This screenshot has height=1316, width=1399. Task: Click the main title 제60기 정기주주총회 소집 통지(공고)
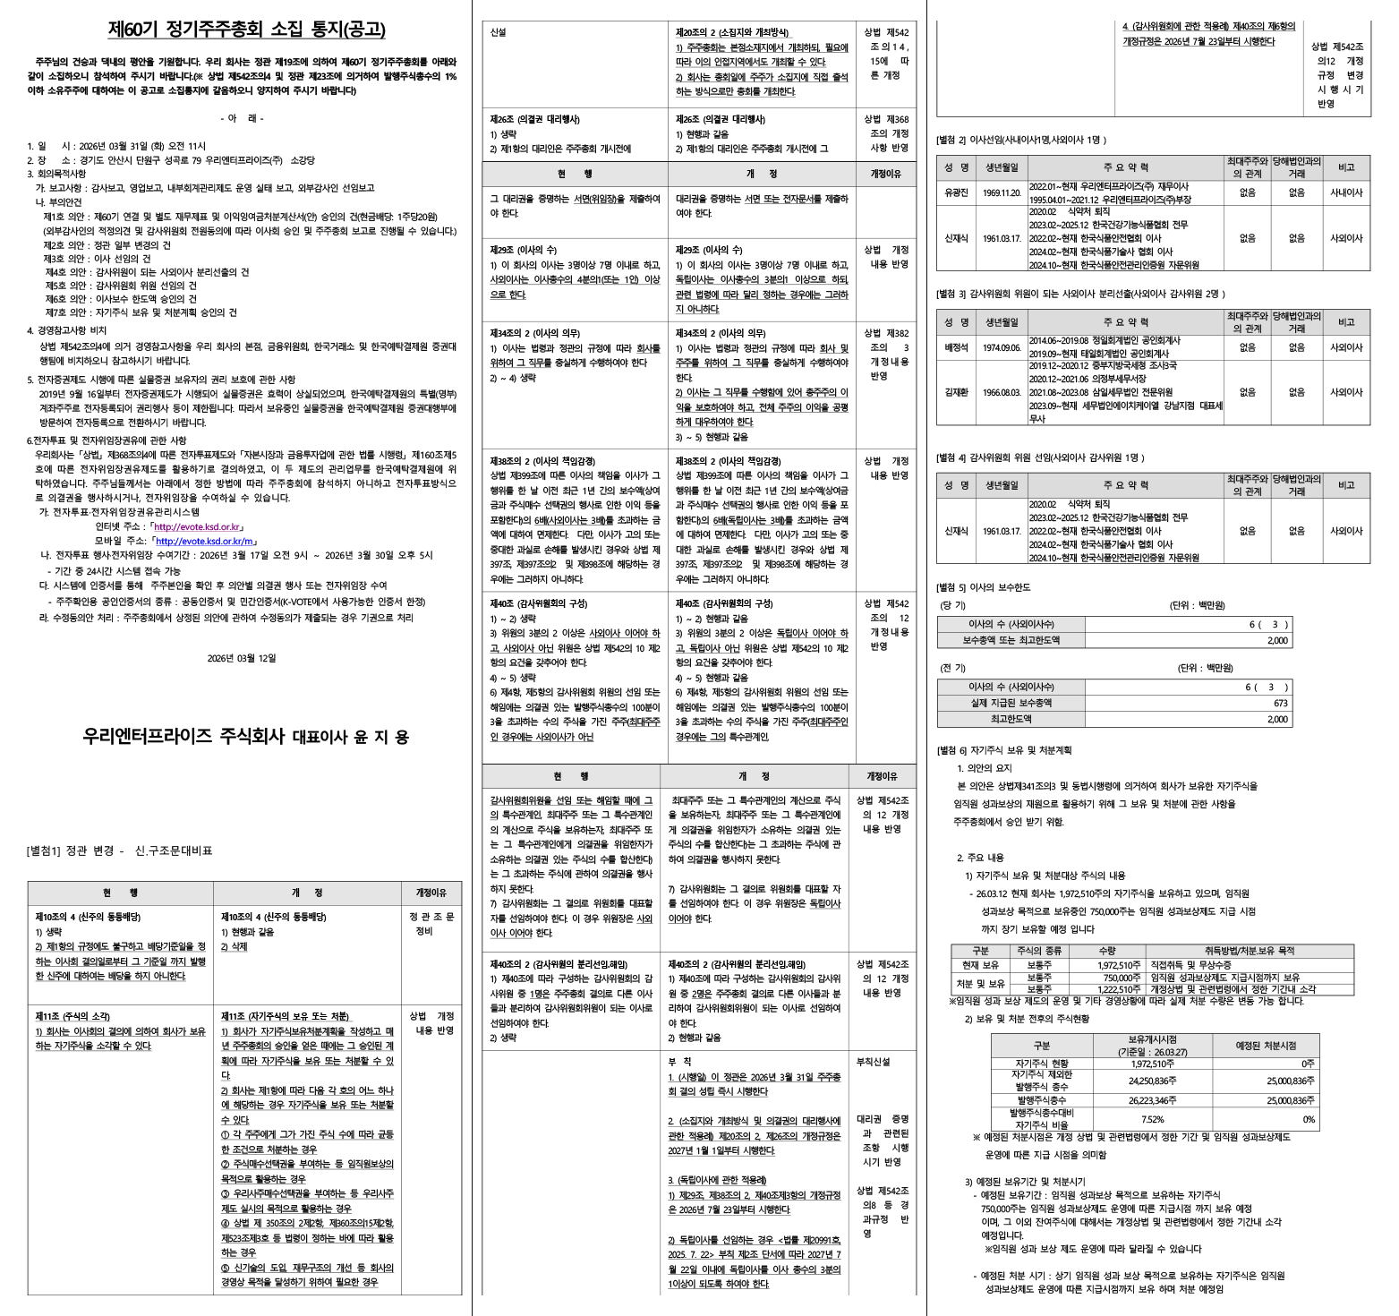pos(247,30)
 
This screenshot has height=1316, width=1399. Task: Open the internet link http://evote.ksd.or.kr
pos(198,527)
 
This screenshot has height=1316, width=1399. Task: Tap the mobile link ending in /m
pos(207,542)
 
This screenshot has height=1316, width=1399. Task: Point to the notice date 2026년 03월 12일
pos(242,658)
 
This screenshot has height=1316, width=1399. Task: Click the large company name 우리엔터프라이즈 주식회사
pos(183,737)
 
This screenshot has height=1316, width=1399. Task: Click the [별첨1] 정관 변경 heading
pos(120,850)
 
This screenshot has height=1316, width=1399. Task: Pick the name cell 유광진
pos(956,192)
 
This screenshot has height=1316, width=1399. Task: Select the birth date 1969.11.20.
pos(1002,192)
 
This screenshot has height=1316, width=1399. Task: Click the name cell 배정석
pos(956,347)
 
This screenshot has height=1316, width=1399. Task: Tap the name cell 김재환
pos(956,392)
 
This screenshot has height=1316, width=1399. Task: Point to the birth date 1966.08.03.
pos(1002,392)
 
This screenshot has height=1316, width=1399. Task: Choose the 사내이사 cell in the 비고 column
pos(1345,192)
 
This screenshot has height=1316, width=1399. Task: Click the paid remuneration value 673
pos(1281,704)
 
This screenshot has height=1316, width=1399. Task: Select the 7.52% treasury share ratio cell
pos(1152,1119)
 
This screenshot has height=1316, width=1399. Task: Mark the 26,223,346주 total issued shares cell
pos(1152,1100)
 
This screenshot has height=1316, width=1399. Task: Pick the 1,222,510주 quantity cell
pos(1119,989)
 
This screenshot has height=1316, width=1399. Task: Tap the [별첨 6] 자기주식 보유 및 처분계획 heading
pos(1003,750)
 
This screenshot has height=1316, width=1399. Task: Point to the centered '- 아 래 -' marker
pos(242,118)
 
